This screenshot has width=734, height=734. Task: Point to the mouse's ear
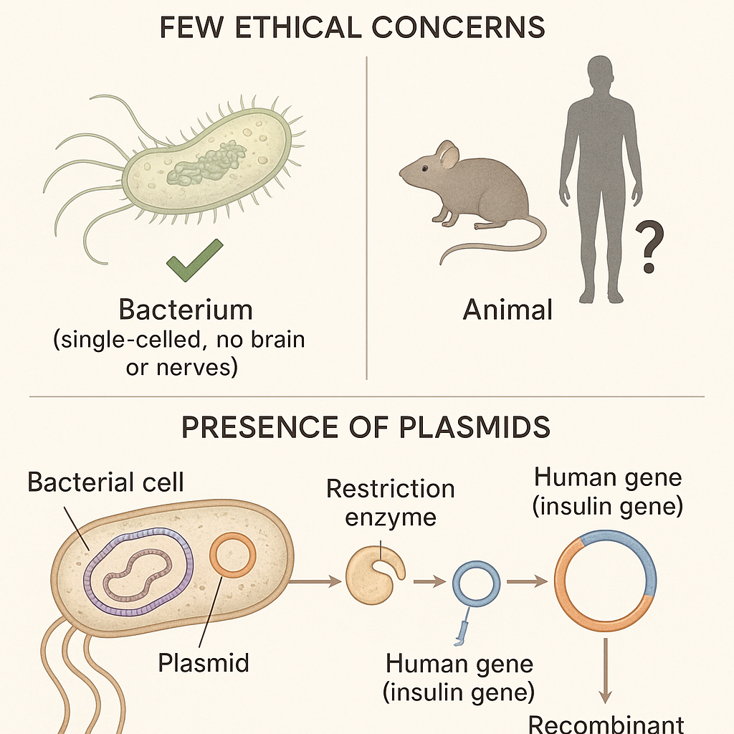(x=447, y=154)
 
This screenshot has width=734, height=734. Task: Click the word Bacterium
(x=186, y=310)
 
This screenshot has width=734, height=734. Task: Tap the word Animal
(x=507, y=310)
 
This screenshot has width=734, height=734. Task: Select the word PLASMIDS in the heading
(x=473, y=426)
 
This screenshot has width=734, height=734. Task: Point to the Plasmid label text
(x=203, y=662)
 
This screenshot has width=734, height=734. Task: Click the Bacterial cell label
(x=105, y=482)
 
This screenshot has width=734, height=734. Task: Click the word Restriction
(x=390, y=489)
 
